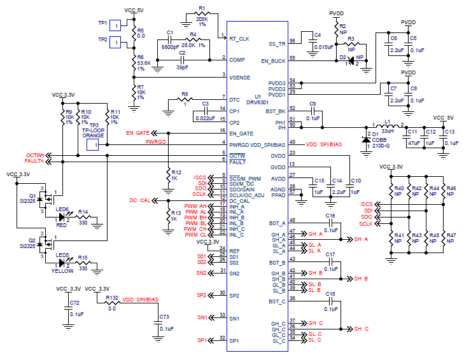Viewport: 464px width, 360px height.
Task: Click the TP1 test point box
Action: pyautogui.click(x=115, y=25)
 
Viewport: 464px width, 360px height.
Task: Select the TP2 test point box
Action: pyautogui.click(x=115, y=42)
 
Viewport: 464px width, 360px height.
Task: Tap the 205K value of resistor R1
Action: pyautogui.click(x=202, y=18)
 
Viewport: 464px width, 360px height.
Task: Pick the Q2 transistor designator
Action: pyautogui.click(x=32, y=242)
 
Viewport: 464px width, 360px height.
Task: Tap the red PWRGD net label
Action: pyautogui.click(x=156, y=141)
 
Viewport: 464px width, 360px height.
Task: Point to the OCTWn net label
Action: pyautogui.click(x=35, y=155)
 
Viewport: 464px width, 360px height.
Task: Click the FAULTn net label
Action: pyautogui.click(x=34, y=162)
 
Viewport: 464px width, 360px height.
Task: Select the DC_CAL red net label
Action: pyautogui.click(x=140, y=200)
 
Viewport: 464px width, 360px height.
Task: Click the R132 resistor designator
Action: pyautogui.click(x=112, y=298)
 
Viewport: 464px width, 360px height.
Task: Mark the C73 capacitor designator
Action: pyautogui.click(x=164, y=316)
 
